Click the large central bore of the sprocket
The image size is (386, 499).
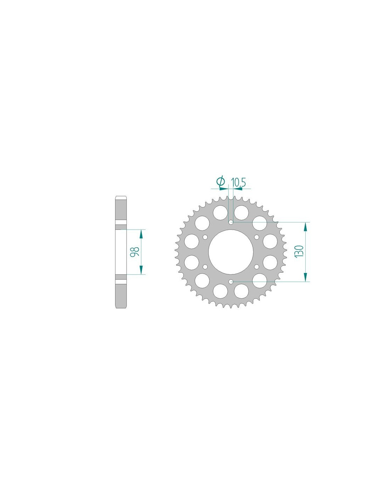(231, 252)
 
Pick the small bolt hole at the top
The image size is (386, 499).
(231, 222)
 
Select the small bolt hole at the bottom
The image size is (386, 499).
(231, 281)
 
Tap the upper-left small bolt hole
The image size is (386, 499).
(205, 237)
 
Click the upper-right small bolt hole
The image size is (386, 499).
(257, 237)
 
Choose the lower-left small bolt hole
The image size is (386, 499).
(205, 266)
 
